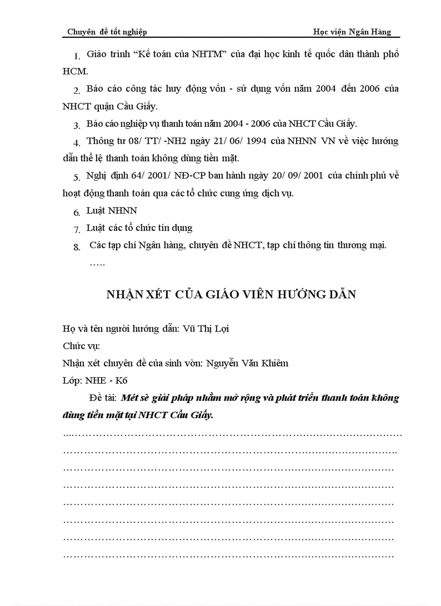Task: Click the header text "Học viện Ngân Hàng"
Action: [x=352, y=32]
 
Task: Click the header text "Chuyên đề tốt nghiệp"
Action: [x=107, y=32]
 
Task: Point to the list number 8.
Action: [x=77, y=247]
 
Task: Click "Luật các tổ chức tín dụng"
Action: [x=139, y=228]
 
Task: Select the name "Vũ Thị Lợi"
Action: [x=206, y=329]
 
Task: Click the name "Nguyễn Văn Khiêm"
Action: [x=247, y=363]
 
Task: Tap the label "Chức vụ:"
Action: [x=81, y=346]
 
